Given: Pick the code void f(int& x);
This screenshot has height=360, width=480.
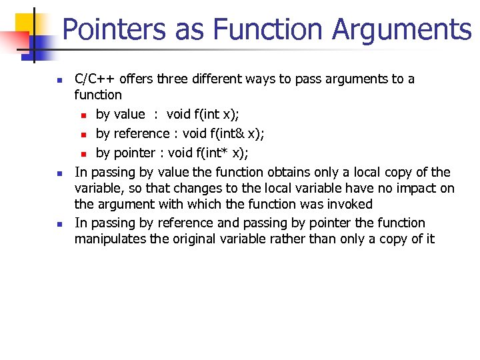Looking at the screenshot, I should tap(223, 133).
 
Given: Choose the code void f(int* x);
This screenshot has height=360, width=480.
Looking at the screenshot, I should tap(209, 153).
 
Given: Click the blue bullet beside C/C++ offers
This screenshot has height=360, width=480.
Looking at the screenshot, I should tap(59, 80).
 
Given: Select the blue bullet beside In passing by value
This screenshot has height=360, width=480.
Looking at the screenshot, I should tap(59, 173).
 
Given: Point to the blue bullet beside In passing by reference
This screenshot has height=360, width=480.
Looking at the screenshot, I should tap(59, 224).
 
